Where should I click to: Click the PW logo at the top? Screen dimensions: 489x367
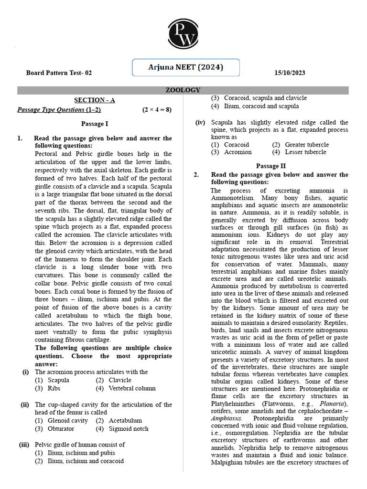tap(183, 35)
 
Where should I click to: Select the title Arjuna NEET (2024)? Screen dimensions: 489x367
tap(185, 67)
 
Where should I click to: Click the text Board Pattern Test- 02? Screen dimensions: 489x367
tap(58, 73)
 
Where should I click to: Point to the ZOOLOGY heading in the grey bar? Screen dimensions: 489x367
tap(183, 90)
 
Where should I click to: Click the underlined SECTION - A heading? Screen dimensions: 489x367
tap(94, 100)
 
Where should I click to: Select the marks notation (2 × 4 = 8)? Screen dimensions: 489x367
tap(157, 109)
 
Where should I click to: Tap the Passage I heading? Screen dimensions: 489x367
tap(94, 124)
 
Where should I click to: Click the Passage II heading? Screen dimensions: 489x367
tap(270, 166)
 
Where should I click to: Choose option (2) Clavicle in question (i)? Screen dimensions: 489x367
tap(119, 380)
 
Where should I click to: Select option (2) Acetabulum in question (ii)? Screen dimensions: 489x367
tap(125, 421)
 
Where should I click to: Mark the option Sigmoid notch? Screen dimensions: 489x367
tap(129, 429)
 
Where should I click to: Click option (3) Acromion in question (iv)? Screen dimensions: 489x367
tap(237, 152)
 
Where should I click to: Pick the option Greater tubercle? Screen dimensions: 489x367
tap(307, 144)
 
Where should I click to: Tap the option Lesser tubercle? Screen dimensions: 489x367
tap(305, 152)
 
